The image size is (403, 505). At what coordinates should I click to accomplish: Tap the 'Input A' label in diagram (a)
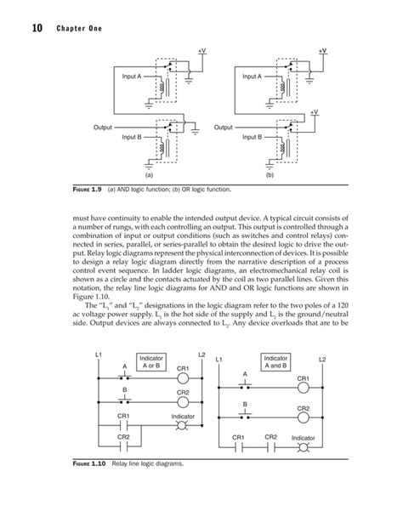coord(133,77)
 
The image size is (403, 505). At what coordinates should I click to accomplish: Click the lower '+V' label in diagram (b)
coord(314,111)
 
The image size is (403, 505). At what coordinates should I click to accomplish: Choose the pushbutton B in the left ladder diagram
coord(125,401)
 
